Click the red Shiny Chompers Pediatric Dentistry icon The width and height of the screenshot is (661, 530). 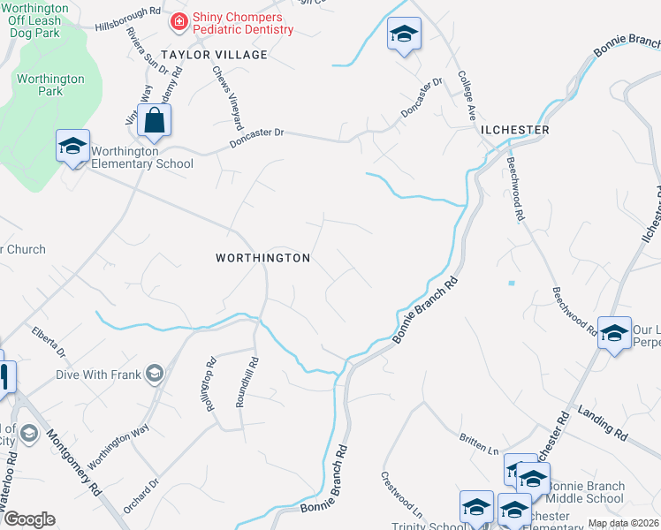click(x=179, y=20)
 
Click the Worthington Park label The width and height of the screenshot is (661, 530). click(x=50, y=85)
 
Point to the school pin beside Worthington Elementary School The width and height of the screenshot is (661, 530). click(x=72, y=146)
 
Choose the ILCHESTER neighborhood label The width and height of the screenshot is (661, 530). click(x=515, y=130)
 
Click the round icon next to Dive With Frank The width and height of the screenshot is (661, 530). click(x=156, y=375)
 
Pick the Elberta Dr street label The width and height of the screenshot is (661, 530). click(x=49, y=344)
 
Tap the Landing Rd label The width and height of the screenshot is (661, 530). click(x=603, y=423)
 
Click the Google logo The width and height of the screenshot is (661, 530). click(x=29, y=519)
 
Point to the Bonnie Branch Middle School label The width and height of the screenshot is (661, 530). click(x=586, y=493)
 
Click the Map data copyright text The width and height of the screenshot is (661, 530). click(x=624, y=523)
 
